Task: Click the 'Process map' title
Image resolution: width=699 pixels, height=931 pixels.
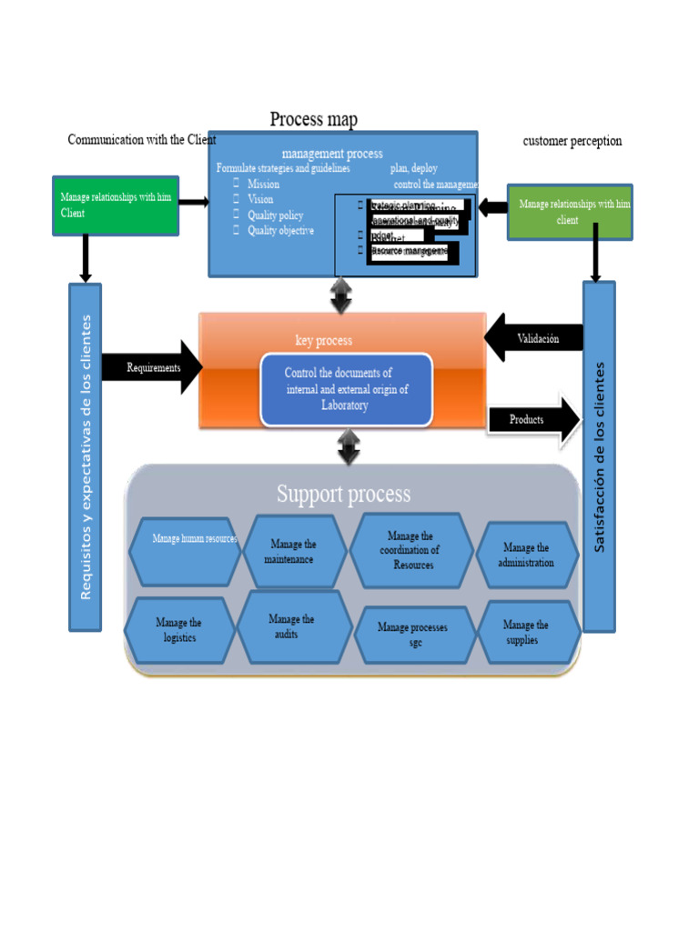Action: click(313, 120)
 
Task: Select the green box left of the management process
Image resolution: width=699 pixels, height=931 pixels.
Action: click(116, 205)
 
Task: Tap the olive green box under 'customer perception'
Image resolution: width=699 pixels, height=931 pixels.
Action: click(569, 212)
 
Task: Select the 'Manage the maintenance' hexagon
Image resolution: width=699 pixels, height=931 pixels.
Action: click(293, 552)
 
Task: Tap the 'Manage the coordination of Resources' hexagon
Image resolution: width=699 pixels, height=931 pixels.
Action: click(412, 551)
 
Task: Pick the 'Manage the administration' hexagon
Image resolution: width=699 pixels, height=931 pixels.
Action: click(527, 555)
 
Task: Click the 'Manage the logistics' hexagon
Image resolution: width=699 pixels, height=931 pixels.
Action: click(179, 630)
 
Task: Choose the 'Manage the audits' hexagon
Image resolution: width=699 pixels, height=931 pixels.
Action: click(293, 626)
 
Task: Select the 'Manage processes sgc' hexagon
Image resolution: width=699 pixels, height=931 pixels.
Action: click(413, 635)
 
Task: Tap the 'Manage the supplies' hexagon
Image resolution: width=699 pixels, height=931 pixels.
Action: click(527, 632)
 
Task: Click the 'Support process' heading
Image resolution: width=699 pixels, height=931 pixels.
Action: click(343, 494)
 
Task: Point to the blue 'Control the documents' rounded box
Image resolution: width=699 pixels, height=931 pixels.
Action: click(346, 389)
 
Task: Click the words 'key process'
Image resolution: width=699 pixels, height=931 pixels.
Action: click(323, 341)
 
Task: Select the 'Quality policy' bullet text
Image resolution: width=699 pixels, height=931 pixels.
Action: click(275, 215)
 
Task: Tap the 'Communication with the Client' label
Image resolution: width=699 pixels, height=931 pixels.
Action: click(142, 140)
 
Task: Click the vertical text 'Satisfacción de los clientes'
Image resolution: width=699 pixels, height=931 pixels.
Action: click(598, 456)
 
